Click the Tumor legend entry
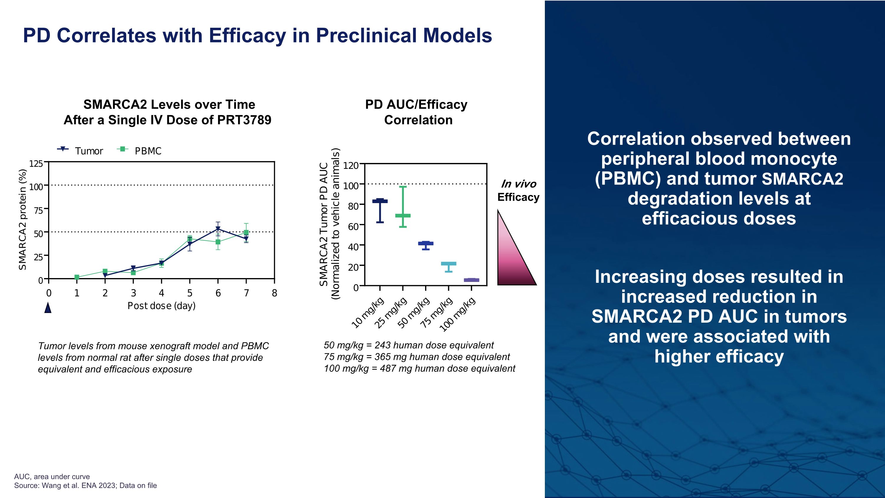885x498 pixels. pyautogui.click(x=80, y=151)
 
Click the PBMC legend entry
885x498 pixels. pyautogui.click(x=140, y=151)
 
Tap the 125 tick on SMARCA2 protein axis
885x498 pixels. pyautogui.click(x=36, y=164)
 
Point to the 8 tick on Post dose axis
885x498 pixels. pyautogui.click(x=274, y=293)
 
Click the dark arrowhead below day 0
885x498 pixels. pyautogui.click(x=48, y=308)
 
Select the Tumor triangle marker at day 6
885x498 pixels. pyautogui.click(x=218, y=229)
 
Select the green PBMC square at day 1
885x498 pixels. pyautogui.click(x=77, y=277)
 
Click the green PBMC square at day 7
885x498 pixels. pyautogui.click(x=246, y=233)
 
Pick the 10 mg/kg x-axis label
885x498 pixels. pyautogui.click(x=368, y=313)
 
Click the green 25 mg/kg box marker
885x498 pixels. pyautogui.click(x=403, y=215)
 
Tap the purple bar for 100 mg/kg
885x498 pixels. pyautogui.click(x=471, y=280)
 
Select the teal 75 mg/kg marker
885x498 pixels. pyautogui.click(x=448, y=264)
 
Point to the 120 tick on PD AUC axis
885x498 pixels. pyautogui.click(x=351, y=165)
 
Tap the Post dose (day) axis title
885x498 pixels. pyautogui.click(x=161, y=306)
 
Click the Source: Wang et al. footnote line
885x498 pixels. pyautogui.click(x=85, y=485)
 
